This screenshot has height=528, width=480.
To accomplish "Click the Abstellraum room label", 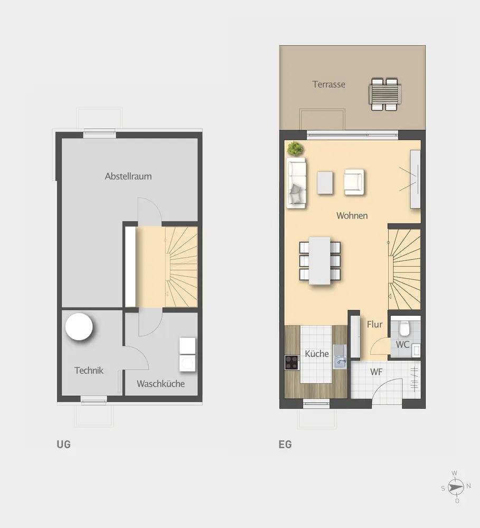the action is click(x=128, y=176).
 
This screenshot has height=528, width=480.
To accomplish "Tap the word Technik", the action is click(x=89, y=371).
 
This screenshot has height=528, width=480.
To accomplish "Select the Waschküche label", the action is click(x=161, y=383).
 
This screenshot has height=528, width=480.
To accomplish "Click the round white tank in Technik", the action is click(x=79, y=327).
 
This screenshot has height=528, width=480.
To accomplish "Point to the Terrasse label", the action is click(x=329, y=84).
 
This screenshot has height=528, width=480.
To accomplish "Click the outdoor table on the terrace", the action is click(x=384, y=95).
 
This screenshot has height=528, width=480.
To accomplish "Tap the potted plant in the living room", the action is click(x=295, y=148).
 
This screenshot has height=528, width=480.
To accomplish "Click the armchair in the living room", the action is click(x=354, y=182).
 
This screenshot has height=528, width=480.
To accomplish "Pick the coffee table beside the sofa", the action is click(x=325, y=183).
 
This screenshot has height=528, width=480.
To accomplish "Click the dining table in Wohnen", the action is click(x=319, y=261).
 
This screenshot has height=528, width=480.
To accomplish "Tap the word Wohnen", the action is click(x=352, y=215).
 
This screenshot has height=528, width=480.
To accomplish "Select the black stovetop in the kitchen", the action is click(x=292, y=363).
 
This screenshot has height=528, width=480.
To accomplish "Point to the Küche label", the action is click(x=317, y=354).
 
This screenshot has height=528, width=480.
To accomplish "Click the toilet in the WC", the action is click(x=404, y=328).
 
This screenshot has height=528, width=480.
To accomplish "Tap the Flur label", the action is click(x=374, y=324).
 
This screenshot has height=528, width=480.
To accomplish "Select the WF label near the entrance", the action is click(x=377, y=372).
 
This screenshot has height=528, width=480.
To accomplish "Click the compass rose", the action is click(x=455, y=487).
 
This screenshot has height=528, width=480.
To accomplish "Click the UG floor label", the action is click(x=64, y=445).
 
